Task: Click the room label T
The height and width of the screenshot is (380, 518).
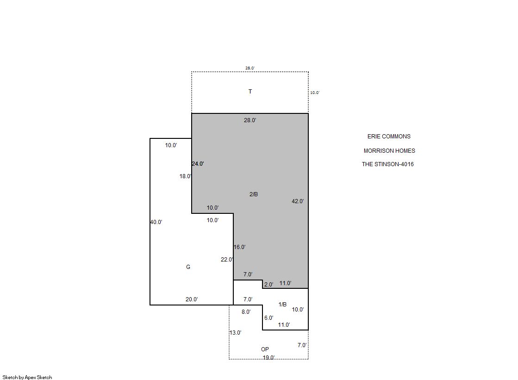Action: [x=250, y=92]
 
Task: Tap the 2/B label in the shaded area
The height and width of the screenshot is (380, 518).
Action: [x=253, y=194]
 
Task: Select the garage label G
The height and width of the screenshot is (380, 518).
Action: [x=188, y=267]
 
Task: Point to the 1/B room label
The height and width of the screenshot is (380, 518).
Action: [x=282, y=305]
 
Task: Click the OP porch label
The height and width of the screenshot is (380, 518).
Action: [x=265, y=349]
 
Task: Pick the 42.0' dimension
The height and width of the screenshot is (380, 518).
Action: [x=298, y=201]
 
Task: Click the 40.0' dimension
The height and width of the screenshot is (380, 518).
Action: [x=156, y=222]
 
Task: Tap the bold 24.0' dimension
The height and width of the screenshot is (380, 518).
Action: [x=198, y=163]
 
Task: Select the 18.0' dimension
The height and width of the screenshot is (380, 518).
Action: [x=185, y=176]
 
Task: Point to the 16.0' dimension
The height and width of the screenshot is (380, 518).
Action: [x=239, y=247]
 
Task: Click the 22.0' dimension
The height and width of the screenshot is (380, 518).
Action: [x=227, y=260]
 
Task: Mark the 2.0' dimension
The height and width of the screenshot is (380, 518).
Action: [x=268, y=285]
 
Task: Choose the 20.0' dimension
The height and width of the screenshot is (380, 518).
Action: [x=192, y=299]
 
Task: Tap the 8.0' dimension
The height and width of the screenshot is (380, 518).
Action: [x=246, y=312]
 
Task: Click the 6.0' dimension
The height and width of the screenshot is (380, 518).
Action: [x=268, y=318]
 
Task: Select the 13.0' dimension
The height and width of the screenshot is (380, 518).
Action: [x=236, y=333]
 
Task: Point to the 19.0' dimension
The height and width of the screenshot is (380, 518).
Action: [x=268, y=357]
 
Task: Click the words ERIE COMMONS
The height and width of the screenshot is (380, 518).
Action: [x=389, y=137]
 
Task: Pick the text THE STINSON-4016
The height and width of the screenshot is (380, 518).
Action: [x=387, y=164]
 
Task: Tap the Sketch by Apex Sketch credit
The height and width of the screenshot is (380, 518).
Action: [x=27, y=377]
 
